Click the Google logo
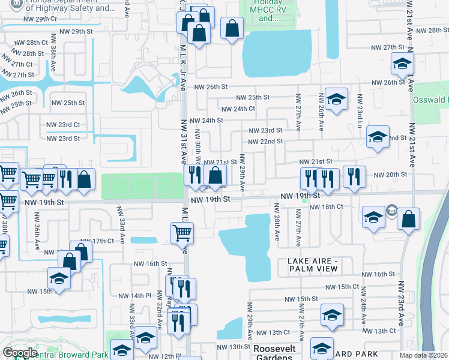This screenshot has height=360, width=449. click(x=19, y=353)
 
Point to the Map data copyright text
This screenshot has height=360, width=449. click(x=423, y=355)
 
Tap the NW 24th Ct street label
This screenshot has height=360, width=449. click(x=238, y=109)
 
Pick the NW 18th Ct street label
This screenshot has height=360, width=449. click(x=327, y=206)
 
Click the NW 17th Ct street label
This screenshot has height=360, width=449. click(x=100, y=241)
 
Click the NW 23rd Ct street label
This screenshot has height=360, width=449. click(x=63, y=125)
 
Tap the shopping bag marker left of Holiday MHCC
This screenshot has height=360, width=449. click(x=231, y=28)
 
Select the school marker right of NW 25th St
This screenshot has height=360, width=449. click(x=336, y=98)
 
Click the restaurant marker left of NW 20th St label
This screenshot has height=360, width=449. click(x=354, y=176)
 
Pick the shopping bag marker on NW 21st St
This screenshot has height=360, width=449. click(x=215, y=176)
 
